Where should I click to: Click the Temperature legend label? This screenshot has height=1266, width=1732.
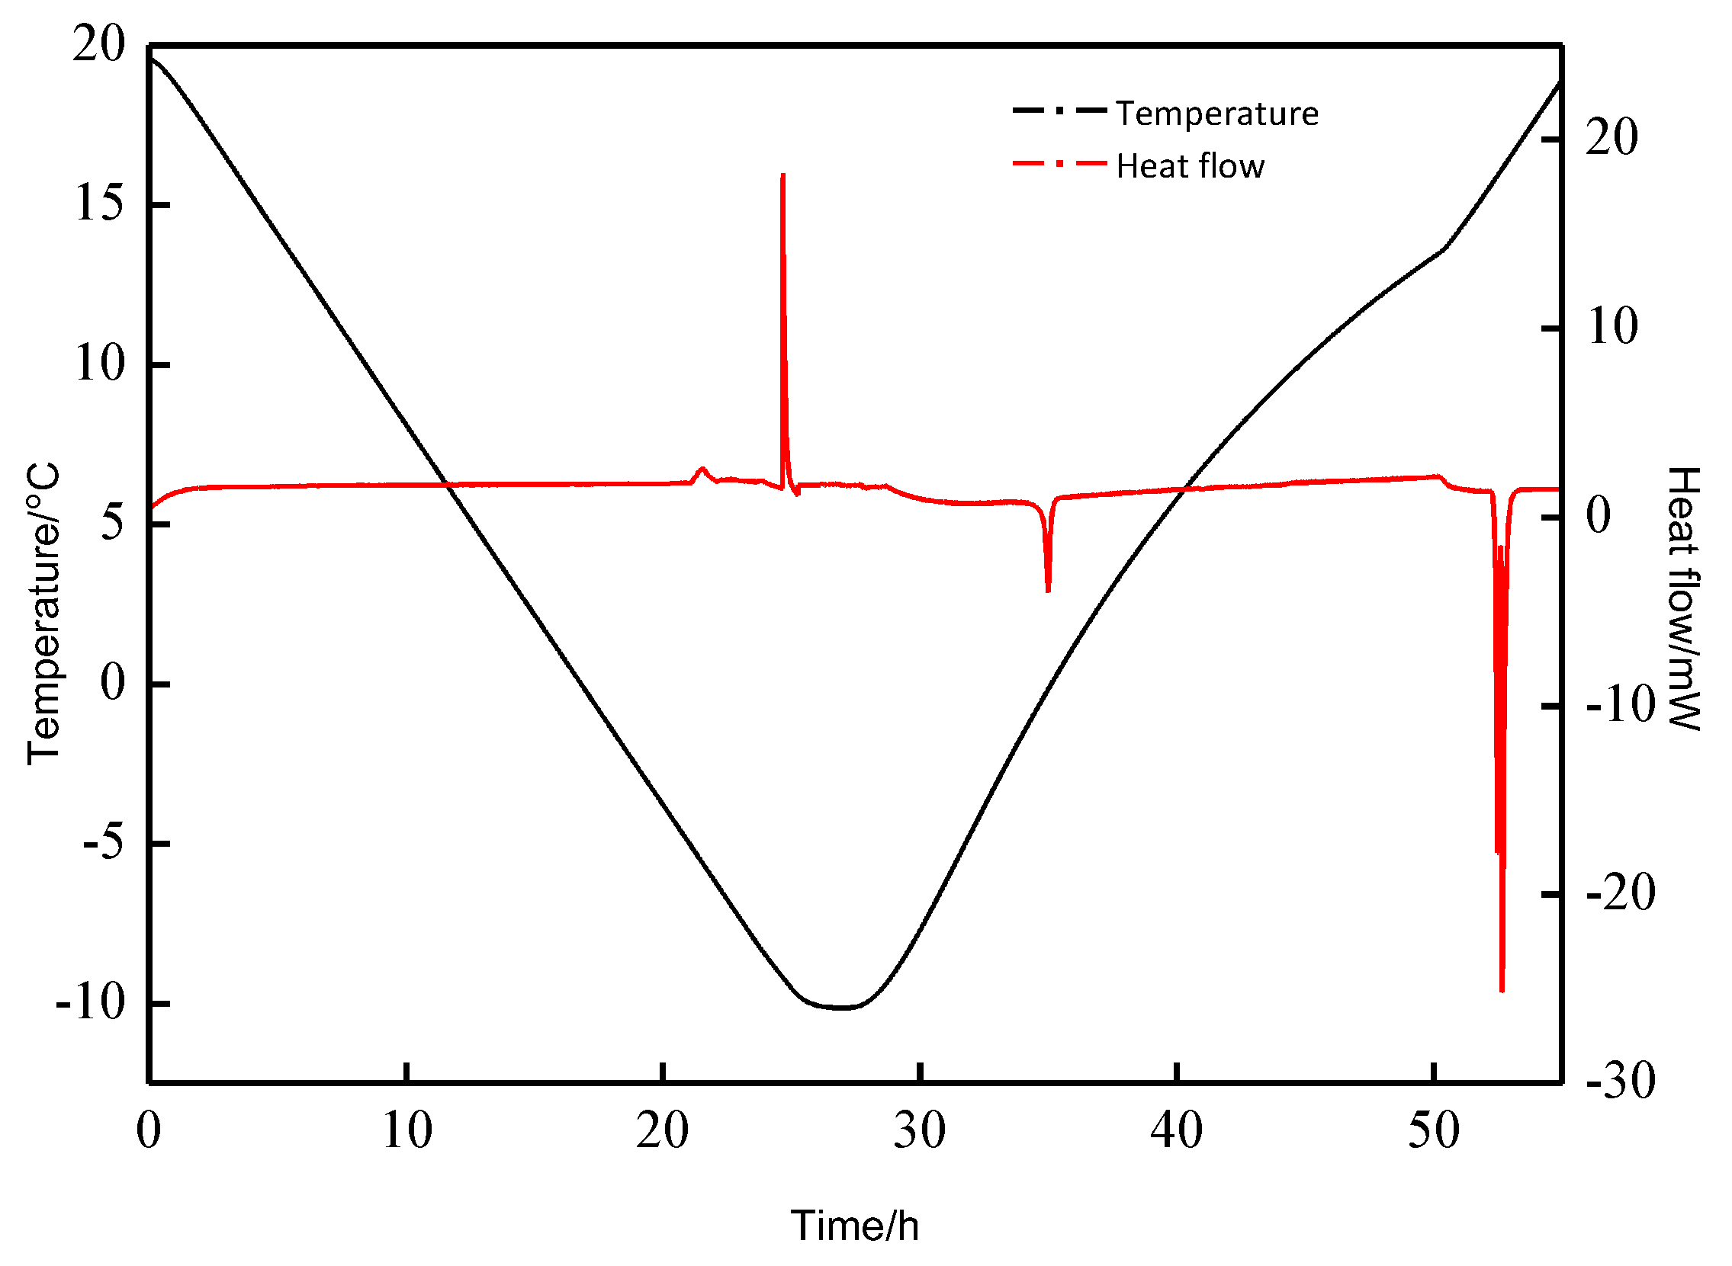tap(1216, 114)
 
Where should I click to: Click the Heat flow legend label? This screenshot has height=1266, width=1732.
tap(1190, 166)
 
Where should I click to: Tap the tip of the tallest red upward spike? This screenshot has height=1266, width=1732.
tap(782, 175)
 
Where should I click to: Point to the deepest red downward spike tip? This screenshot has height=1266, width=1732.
tap(1502, 991)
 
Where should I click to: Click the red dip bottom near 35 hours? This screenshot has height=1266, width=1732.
tap(1048, 591)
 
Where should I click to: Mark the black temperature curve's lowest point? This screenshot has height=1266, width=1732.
tap(842, 1008)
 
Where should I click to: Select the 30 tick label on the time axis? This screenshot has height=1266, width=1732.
tap(919, 1130)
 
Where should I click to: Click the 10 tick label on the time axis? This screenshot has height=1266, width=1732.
tap(406, 1130)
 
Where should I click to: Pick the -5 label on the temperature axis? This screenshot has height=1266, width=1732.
tap(103, 842)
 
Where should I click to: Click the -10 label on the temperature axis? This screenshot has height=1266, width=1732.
tap(90, 1002)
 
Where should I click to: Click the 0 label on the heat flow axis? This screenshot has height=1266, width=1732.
tap(1598, 515)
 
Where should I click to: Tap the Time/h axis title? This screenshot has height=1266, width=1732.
tap(855, 1226)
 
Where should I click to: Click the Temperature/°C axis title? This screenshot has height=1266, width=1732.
tap(43, 613)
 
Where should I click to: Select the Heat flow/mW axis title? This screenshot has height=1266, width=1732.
tap(1684, 598)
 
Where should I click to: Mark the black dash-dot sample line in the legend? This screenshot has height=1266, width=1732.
tap(1059, 111)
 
